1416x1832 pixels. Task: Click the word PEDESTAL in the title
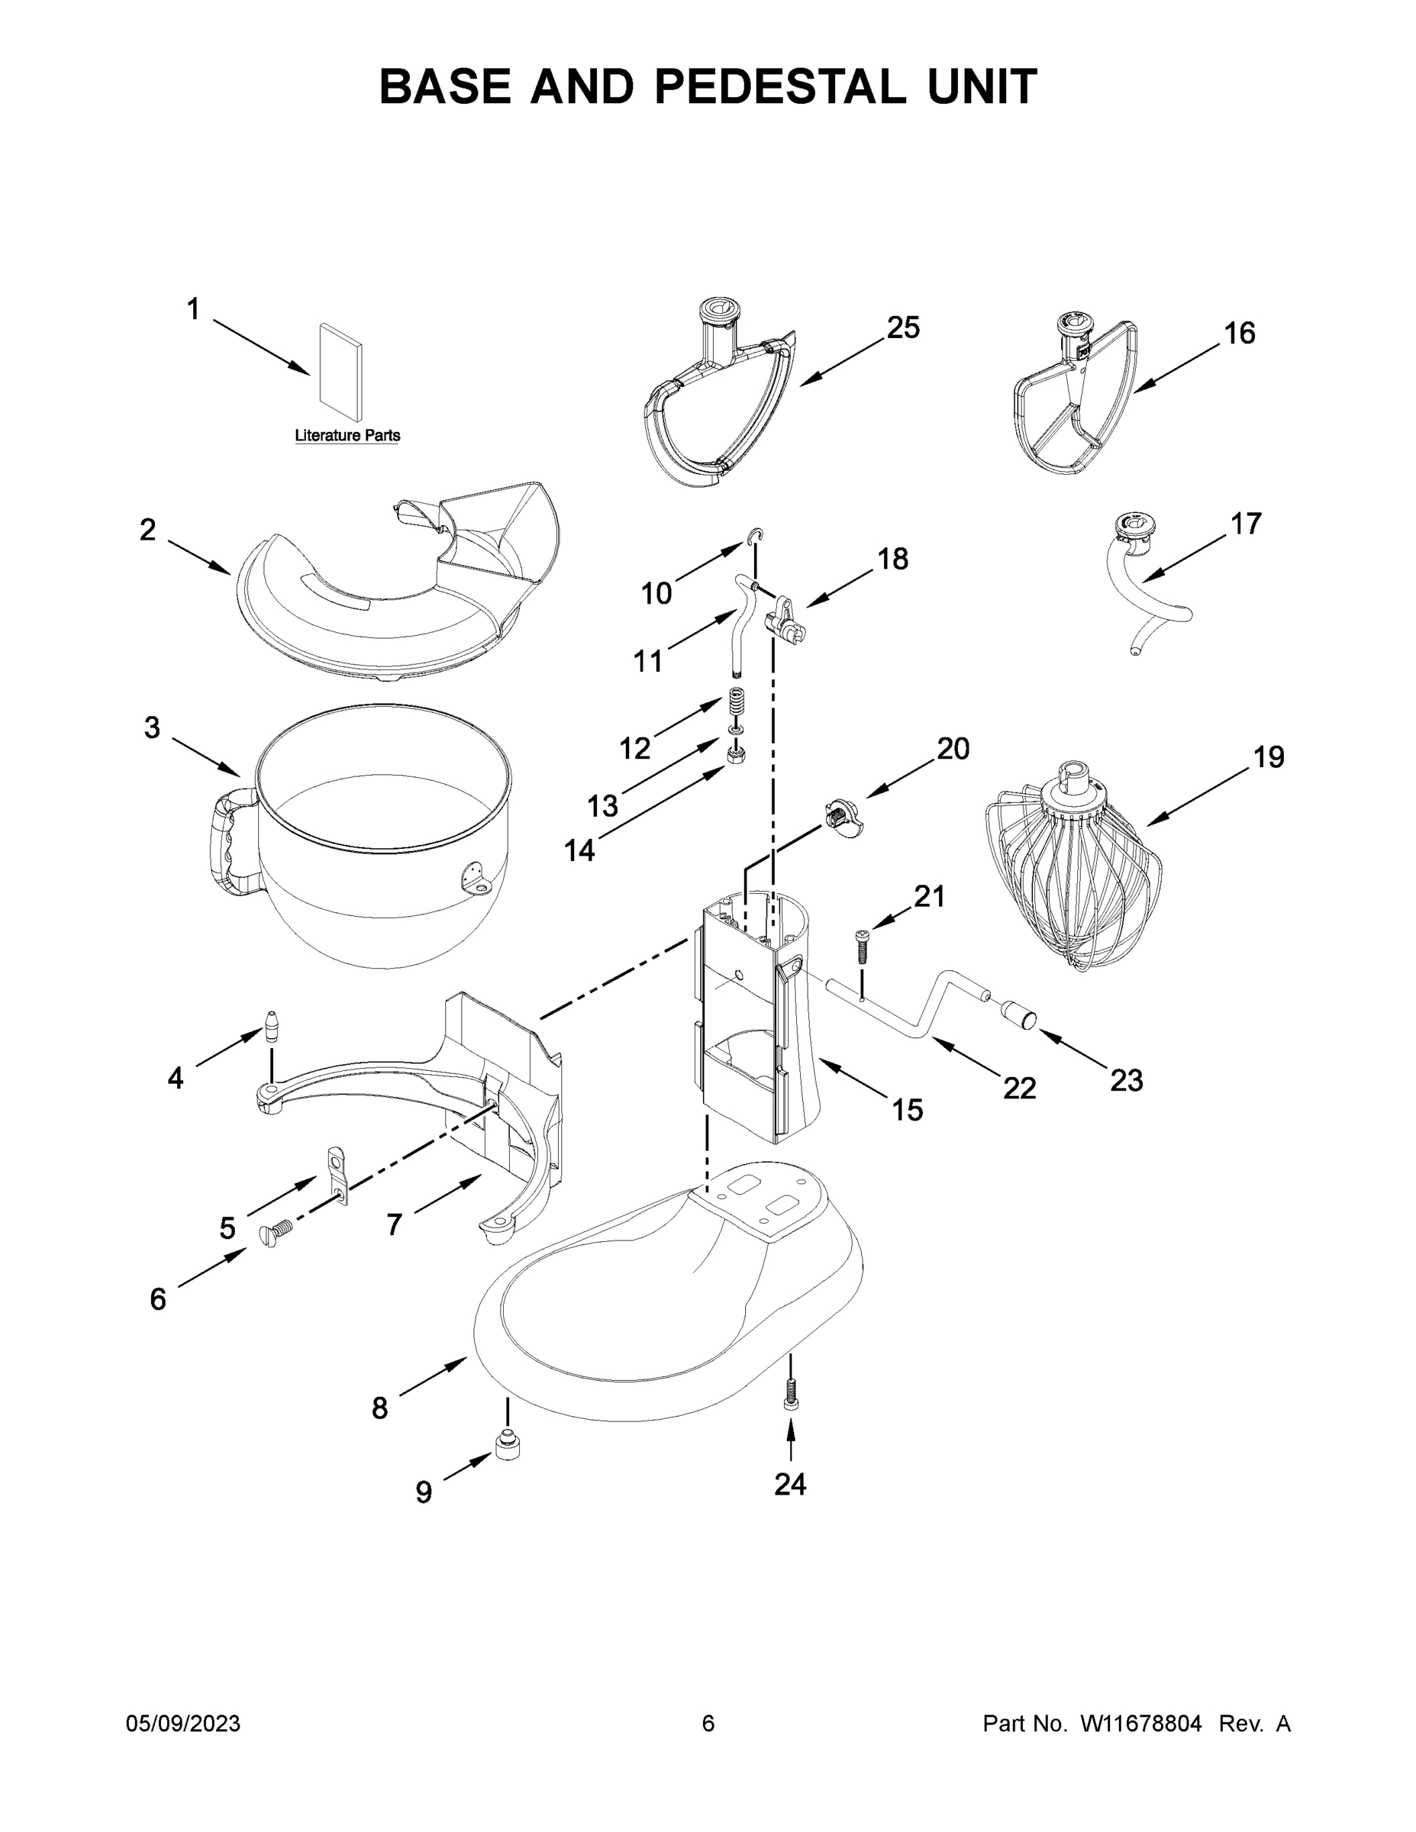[779, 87]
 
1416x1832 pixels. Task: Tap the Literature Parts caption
[347, 435]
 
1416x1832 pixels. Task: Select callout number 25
[902, 328]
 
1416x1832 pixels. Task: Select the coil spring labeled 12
[736, 702]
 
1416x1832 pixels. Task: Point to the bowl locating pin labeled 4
[272, 1026]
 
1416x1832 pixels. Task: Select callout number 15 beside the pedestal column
[907, 1110]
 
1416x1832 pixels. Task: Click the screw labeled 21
[862, 947]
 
